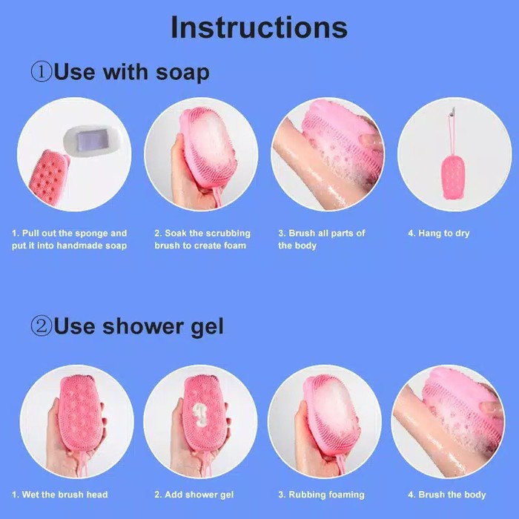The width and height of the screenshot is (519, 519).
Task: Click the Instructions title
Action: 259,27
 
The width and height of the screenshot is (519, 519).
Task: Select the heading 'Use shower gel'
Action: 138,326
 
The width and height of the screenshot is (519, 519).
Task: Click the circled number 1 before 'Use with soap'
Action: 41,73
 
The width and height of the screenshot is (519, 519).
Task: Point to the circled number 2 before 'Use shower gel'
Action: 41,326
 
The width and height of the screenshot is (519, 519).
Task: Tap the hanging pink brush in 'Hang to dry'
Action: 454,177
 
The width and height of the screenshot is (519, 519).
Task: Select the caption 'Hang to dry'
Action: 438,234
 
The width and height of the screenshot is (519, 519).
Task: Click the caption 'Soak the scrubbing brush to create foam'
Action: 202,239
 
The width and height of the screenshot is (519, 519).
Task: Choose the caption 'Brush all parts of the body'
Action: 322,239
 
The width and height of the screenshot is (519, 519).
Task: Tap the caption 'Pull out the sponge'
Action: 69,239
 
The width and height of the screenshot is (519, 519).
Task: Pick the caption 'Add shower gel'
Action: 188,495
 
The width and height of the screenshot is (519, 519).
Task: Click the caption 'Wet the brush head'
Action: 60,495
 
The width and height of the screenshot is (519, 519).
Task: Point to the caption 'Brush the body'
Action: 447,495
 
